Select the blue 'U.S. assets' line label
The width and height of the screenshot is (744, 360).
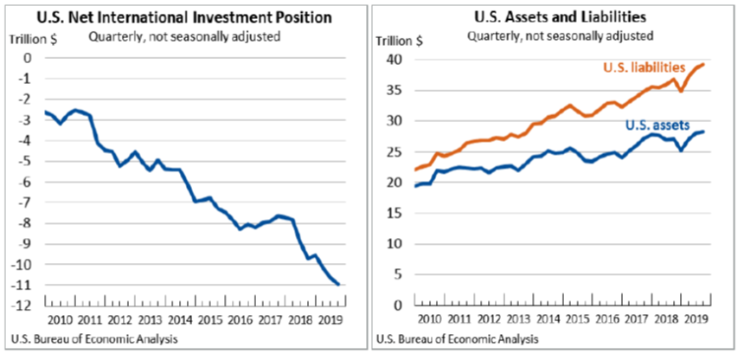point(658,125)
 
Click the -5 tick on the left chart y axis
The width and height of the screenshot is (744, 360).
point(29,161)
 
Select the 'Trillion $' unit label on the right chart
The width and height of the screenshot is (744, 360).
point(400,40)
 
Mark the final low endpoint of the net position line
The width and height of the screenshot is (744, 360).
point(338,284)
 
